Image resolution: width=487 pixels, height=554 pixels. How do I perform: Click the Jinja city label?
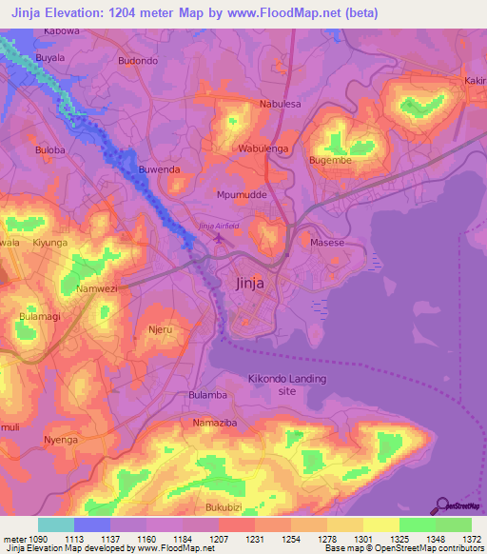[x=249, y=283]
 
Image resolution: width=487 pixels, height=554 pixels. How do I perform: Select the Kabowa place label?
[x=59, y=31]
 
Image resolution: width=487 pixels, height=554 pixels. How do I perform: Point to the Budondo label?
[x=137, y=60]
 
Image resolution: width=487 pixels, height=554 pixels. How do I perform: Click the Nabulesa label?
[x=280, y=104]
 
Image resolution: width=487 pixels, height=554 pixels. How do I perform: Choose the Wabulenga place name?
[x=262, y=148]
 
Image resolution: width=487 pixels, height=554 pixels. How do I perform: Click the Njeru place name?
[x=159, y=330]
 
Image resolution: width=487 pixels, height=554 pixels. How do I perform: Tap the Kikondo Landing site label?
[x=281, y=385]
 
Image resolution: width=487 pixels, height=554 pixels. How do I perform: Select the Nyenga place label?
[x=60, y=440]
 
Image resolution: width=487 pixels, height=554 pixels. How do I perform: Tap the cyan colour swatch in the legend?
[x=55, y=524]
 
